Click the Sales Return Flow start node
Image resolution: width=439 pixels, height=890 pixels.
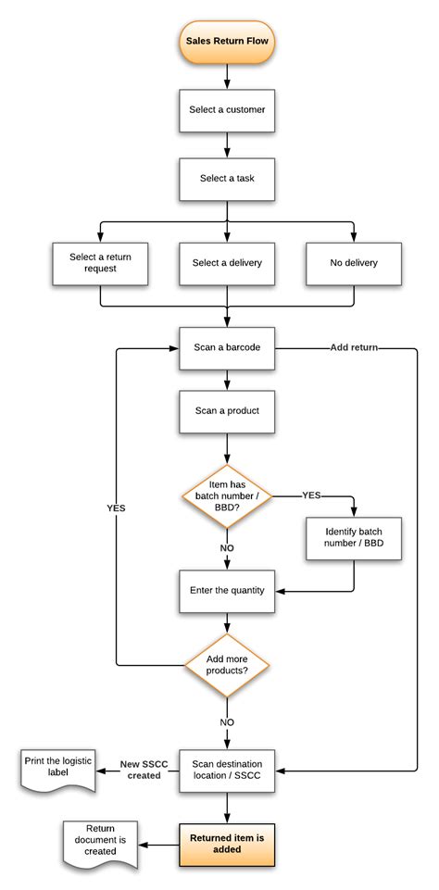pyautogui.click(x=227, y=44)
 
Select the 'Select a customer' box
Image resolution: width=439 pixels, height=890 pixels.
pyautogui.click(x=227, y=110)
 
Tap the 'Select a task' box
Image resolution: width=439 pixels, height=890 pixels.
pyautogui.click(x=227, y=178)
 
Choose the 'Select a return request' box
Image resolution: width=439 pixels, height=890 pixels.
pyautogui.click(x=100, y=262)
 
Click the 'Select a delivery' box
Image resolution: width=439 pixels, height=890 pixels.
pyautogui.click(x=227, y=262)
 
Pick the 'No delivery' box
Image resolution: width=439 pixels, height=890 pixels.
pyautogui.click(x=354, y=262)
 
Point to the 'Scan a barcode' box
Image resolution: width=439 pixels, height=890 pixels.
pyautogui.click(x=227, y=347)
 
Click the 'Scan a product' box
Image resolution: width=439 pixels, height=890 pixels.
pyautogui.click(x=227, y=410)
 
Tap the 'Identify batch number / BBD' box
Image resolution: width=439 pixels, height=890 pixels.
pyautogui.click(x=354, y=538)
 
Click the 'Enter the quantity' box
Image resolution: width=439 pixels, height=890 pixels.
pyautogui.click(x=227, y=590)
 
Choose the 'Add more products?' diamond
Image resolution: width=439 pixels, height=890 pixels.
pyautogui.click(x=227, y=663)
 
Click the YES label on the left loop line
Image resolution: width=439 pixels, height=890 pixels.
pyautogui.click(x=116, y=508)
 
